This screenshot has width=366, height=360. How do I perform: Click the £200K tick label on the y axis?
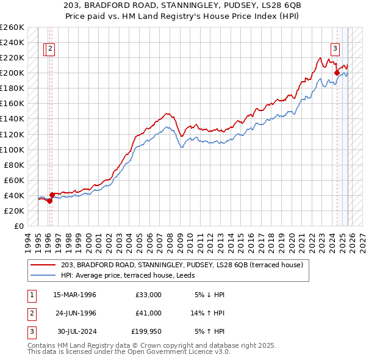pos(12,73)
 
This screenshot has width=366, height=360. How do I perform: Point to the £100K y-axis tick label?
pos(12,149)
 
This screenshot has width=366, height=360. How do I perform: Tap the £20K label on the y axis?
pos(13,211)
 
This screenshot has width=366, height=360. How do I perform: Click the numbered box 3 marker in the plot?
pos(335,50)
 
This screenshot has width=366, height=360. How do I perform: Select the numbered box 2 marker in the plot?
pos(50,50)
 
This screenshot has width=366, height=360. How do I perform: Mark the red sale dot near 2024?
pos(337,73)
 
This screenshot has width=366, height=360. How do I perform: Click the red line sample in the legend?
pos(44,265)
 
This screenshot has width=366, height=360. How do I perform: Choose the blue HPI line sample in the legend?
pos(44,275)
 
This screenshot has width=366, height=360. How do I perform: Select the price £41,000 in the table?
pos(148,313)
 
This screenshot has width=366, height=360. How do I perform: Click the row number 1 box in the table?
pos(31,295)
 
